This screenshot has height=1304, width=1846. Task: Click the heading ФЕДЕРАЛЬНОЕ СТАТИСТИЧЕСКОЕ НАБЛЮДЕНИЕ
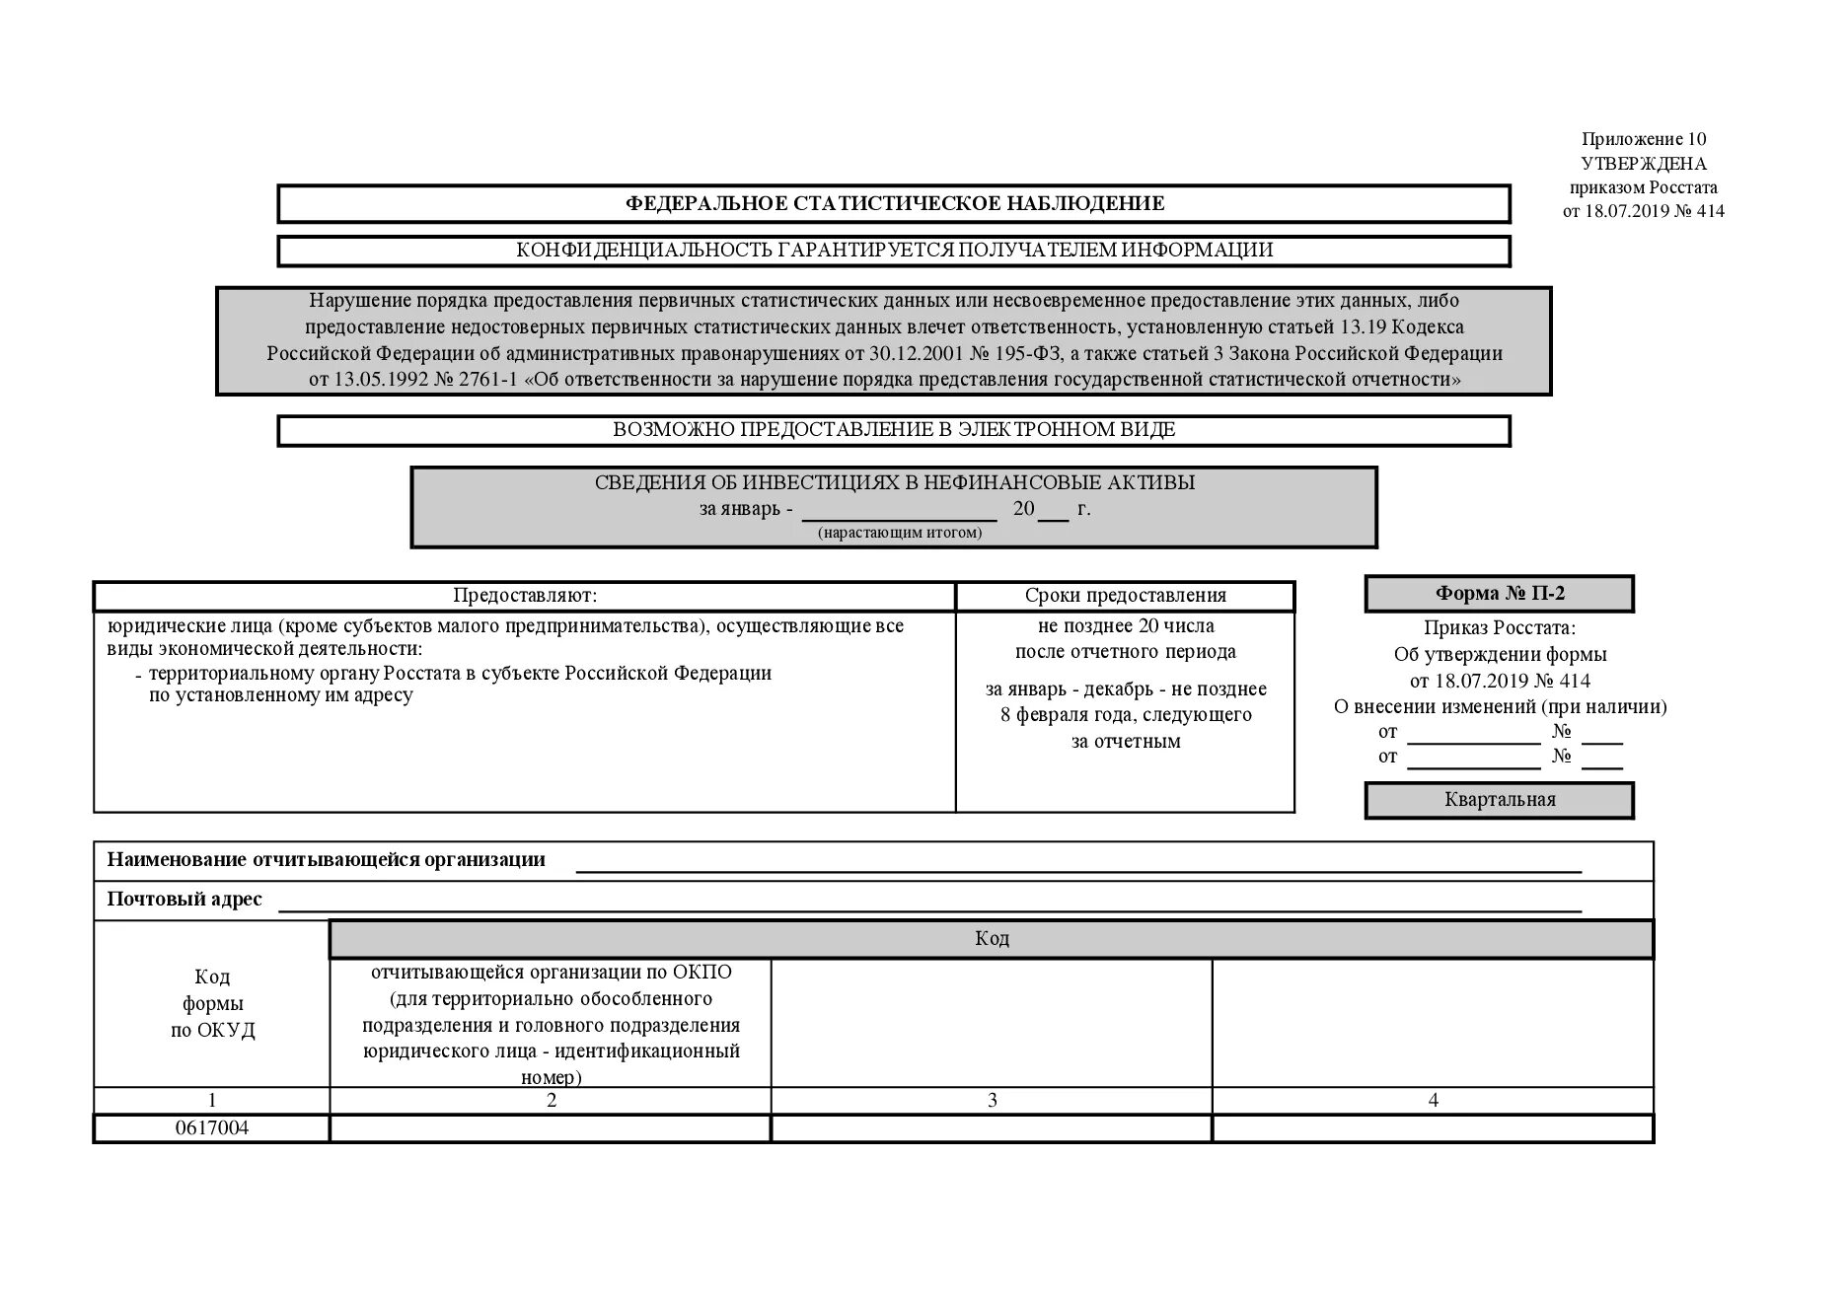tap(894, 204)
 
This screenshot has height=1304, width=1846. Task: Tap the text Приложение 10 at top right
tap(1644, 139)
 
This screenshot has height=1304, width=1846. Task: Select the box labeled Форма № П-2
tap(1499, 594)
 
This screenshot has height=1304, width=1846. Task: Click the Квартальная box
tap(1499, 800)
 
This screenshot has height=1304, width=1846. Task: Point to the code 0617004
tap(212, 1128)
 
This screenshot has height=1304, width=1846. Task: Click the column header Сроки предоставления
tap(1125, 596)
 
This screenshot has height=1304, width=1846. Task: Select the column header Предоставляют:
tap(525, 596)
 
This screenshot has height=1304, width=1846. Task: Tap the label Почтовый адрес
tap(185, 900)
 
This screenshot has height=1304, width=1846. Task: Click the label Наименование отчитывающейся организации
tap(326, 860)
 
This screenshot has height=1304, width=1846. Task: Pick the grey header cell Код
tap(991, 939)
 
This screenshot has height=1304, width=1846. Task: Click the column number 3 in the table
tap(992, 1101)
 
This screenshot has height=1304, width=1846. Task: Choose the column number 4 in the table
tap(1433, 1101)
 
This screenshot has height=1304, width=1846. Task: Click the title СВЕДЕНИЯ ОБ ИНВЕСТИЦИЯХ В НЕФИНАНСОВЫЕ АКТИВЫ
tap(894, 483)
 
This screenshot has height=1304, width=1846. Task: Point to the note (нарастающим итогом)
tap(899, 533)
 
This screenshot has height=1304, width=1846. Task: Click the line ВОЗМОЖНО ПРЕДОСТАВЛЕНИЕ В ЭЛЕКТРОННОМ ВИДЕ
tap(894, 430)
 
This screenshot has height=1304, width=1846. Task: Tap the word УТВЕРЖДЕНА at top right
tap(1644, 164)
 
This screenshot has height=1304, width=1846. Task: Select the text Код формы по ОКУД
tap(212, 1004)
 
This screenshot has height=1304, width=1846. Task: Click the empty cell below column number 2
tap(551, 1128)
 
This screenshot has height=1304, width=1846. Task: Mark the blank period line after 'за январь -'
tap(899, 511)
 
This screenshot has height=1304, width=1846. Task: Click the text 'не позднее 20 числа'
tap(1125, 626)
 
